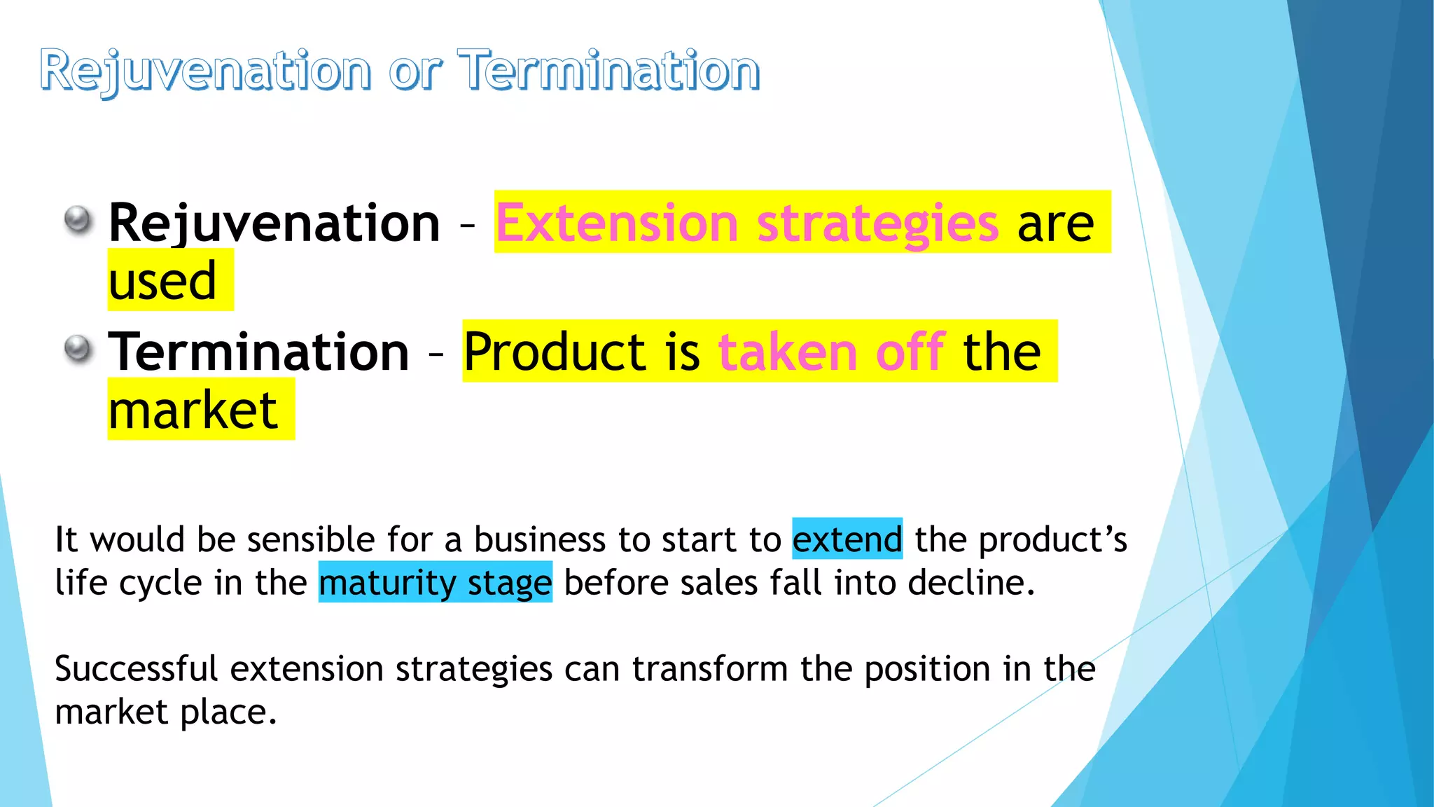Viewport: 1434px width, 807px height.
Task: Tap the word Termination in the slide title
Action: point(608,71)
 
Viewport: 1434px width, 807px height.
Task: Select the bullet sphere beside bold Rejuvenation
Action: point(78,221)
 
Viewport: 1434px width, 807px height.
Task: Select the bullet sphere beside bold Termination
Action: point(78,349)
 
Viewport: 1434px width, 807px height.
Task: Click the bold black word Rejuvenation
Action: point(274,223)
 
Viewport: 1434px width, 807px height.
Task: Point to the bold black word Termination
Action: point(258,352)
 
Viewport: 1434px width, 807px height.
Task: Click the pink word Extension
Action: point(617,223)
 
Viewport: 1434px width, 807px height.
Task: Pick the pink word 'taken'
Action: point(788,352)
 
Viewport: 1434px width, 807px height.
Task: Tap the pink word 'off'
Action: point(910,352)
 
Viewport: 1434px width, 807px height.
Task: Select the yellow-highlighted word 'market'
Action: point(193,411)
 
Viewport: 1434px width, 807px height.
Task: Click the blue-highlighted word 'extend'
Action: point(847,539)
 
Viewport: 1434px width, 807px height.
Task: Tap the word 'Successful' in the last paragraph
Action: point(137,669)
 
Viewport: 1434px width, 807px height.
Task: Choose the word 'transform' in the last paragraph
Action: point(710,669)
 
